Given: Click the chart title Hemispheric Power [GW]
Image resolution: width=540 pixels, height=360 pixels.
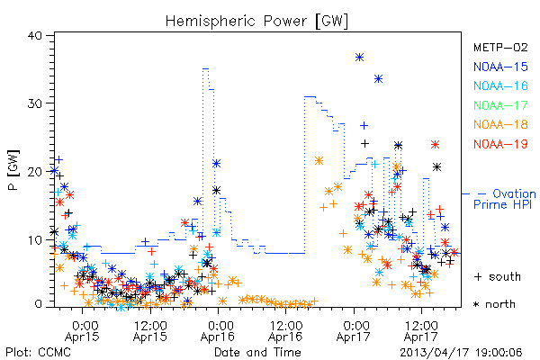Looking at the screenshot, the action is coord(256,22).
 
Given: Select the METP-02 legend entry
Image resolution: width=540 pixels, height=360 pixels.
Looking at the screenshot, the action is coord(500,47).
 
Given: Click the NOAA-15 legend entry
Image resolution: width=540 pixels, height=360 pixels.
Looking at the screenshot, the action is coord(500,67).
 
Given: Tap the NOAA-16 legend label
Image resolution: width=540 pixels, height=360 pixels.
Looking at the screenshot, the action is coord(500,85).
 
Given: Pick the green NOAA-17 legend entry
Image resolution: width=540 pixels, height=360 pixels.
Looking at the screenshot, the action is coord(500,105).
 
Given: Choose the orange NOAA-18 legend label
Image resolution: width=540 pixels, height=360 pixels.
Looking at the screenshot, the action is coord(500,124).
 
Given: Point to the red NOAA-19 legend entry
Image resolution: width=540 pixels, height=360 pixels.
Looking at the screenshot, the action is coord(500,144).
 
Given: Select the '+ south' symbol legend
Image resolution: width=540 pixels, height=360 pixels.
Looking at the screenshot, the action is coord(498,276).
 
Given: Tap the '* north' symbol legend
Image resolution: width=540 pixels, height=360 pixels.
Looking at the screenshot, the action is coord(494,304).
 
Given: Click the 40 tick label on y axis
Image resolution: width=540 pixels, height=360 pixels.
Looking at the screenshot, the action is coord(34,36).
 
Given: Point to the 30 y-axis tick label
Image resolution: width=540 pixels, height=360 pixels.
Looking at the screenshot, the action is coord(34,103).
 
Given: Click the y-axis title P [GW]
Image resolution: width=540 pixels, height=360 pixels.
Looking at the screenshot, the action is coord(13,170).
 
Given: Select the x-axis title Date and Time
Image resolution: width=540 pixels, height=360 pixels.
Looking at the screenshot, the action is coord(257,352).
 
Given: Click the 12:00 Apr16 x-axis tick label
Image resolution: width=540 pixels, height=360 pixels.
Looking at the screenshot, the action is coord(286,330).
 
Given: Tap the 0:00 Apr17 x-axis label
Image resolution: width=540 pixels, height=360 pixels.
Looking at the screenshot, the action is coord(354,330).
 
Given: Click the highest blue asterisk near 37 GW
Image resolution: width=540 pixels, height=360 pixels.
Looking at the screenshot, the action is coord(359,58).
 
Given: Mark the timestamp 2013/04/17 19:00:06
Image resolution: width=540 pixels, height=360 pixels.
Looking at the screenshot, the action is coord(461,353).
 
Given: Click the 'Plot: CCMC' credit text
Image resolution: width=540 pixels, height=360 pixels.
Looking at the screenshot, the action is coord(38,353).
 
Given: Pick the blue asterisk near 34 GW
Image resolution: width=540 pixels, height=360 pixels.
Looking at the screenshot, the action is coord(379,79).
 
